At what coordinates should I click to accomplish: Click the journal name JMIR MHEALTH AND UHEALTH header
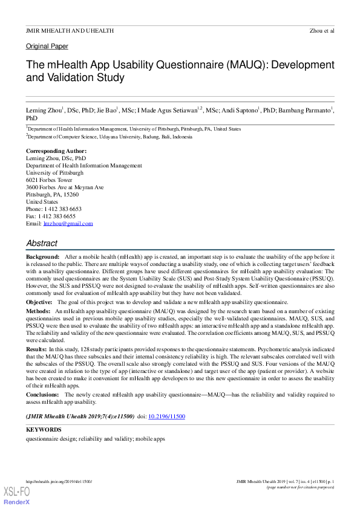[70, 30]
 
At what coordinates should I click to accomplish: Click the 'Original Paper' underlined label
[47, 47]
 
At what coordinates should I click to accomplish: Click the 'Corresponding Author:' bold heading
[56, 151]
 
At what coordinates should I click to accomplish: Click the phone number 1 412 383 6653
[60, 209]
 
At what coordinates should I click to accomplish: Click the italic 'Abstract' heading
[42, 243]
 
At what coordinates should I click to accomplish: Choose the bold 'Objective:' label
[39, 302]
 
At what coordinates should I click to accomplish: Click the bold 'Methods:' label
[38, 310]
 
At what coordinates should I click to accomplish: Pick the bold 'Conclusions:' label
[42, 395]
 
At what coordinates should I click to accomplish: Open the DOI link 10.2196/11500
[166, 417]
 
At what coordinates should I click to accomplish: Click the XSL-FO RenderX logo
[18, 495]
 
